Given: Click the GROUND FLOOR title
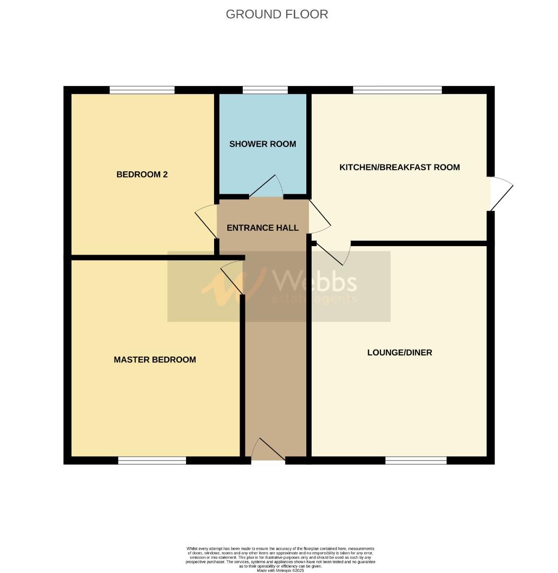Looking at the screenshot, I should [277, 14].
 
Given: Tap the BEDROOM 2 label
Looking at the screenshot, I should [142, 175].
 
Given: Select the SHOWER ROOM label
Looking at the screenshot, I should [262, 144].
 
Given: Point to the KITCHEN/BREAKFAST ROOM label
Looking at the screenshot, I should [399, 168].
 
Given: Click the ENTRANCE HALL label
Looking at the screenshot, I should [262, 228].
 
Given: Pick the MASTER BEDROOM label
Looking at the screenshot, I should [155, 360].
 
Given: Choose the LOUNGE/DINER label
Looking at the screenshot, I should [399, 352].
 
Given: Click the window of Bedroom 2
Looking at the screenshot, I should [142, 90].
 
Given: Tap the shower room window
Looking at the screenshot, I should [265, 90].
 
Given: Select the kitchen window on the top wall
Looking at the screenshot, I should [397, 90].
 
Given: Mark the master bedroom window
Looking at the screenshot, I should [152, 461].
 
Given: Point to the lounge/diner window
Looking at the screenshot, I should [415, 461].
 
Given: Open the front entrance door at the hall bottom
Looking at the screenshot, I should [268, 451].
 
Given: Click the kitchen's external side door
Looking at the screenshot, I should [501, 194].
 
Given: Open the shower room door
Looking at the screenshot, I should [268, 187].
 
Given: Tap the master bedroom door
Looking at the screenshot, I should [232, 277].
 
